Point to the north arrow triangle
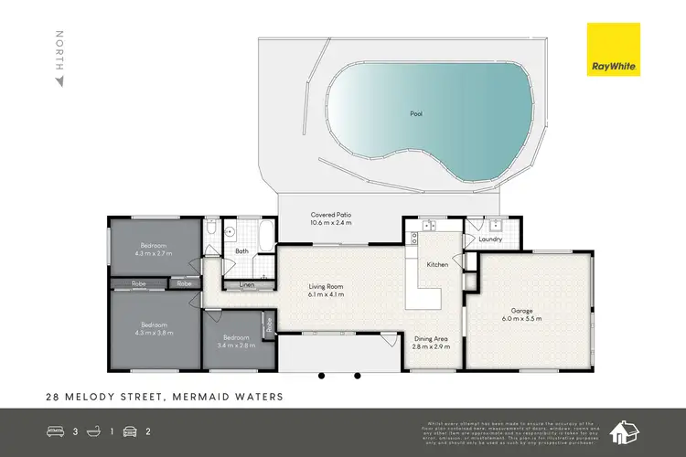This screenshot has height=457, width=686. pos(60,81)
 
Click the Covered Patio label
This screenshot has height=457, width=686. pos(331,215)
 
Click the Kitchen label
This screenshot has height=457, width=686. pos(438,265)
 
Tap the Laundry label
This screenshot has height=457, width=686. pos(490,240)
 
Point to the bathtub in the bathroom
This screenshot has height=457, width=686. pos(264,236)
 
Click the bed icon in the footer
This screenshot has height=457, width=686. pos(56,429)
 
